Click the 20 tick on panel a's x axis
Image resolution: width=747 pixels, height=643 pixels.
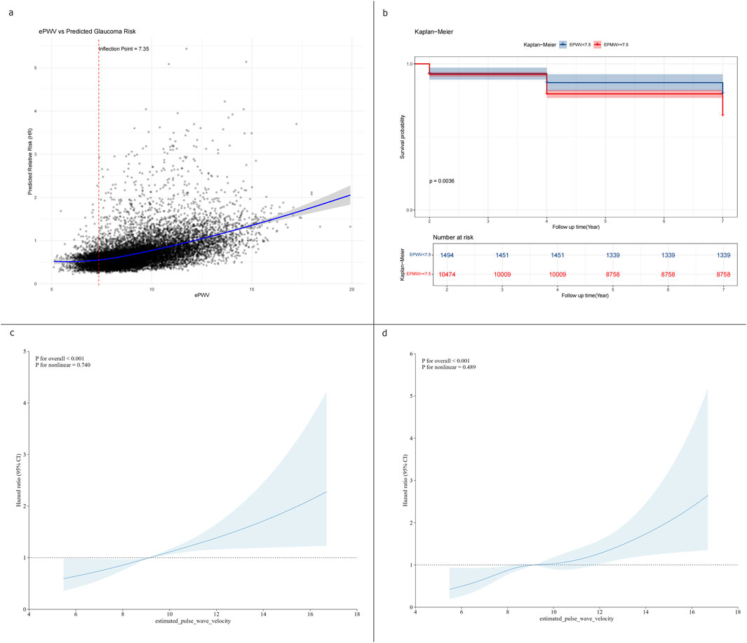(x=351, y=289)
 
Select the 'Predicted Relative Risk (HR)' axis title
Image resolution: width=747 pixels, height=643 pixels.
(x=31, y=164)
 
